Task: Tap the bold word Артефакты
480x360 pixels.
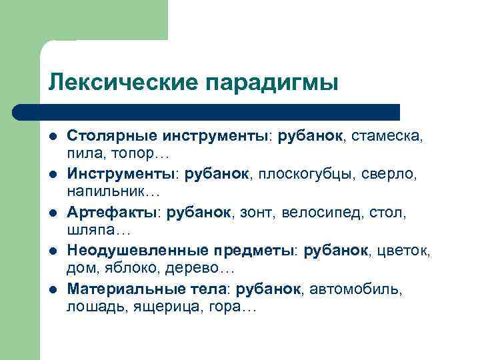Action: tap(111, 213)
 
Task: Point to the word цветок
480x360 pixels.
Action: tap(405, 251)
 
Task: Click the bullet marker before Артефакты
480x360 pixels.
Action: tap(53, 213)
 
